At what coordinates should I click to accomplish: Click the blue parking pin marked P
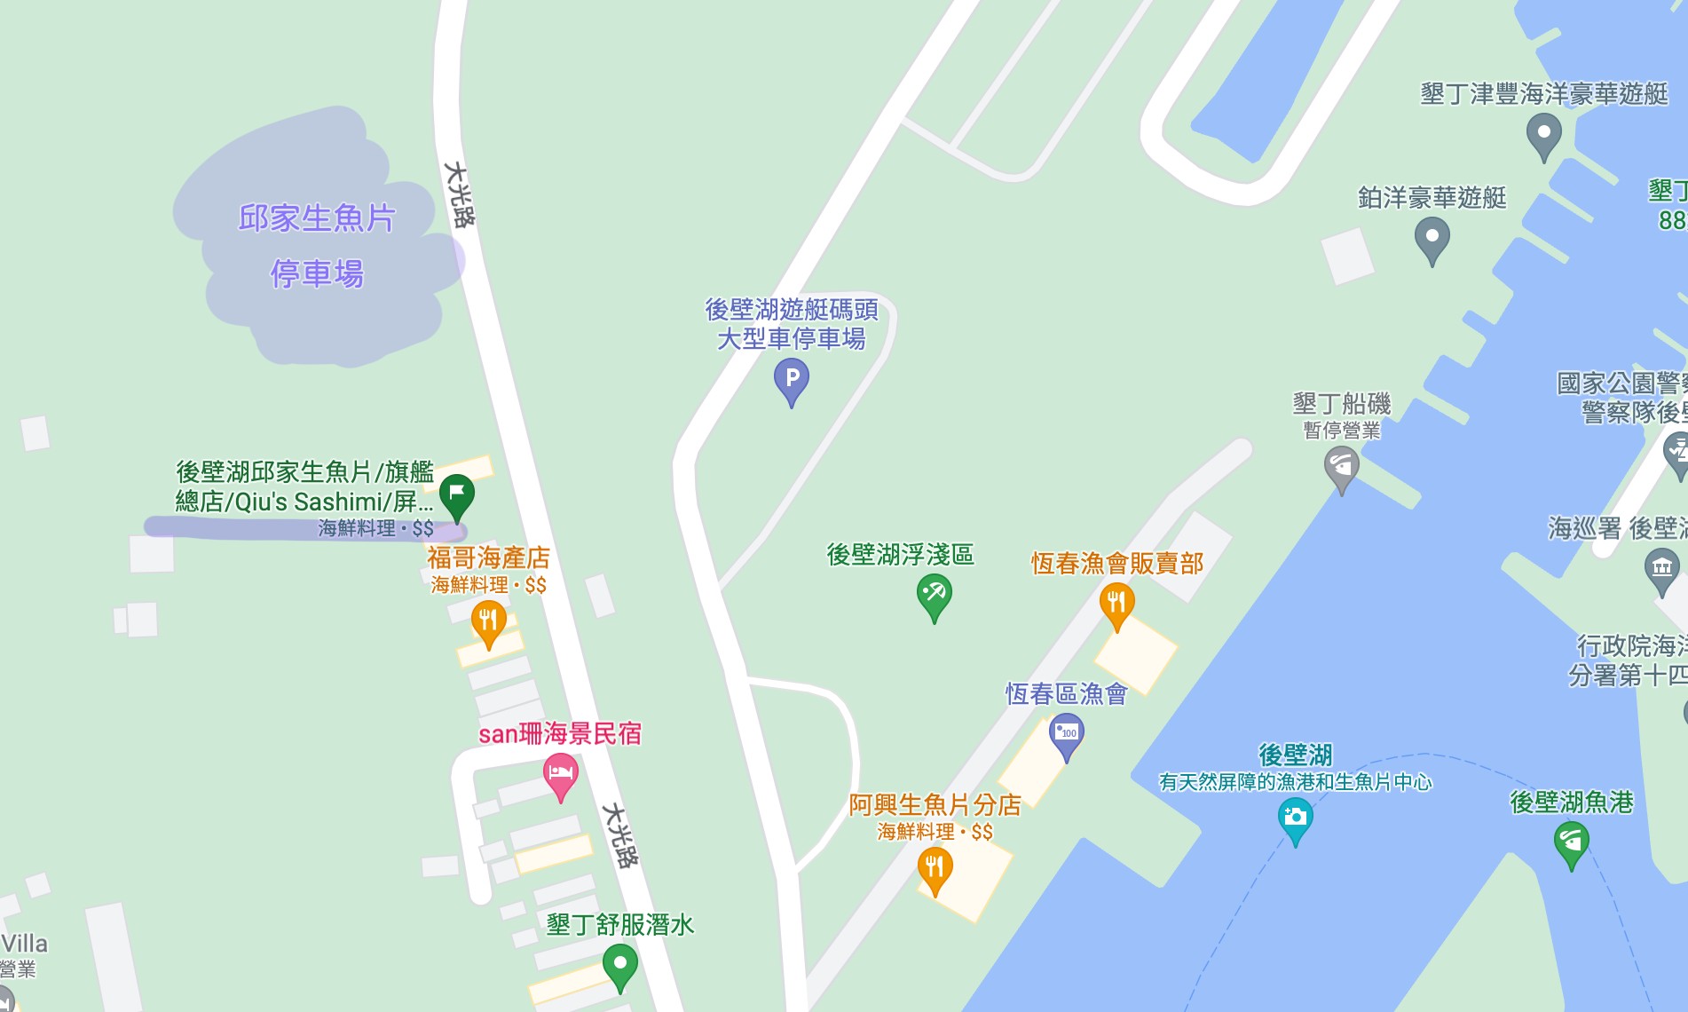[x=792, y=380]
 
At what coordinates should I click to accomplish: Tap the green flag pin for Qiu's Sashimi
[x=457, y=495]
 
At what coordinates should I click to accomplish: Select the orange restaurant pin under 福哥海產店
[x=488, y=621]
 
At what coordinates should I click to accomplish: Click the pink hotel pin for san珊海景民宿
[x=560, y=774]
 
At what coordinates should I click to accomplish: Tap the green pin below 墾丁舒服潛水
[x=620, y=965]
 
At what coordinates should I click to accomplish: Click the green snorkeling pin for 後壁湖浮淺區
[x=934, y=595]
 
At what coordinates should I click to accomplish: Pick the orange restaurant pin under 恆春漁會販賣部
[x=1116, y=604]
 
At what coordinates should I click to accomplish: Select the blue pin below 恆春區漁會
[x=1067, y=736]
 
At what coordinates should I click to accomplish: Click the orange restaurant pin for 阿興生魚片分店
[x=935, y=868]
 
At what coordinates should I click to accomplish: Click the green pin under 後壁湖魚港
[x=1572, y=842]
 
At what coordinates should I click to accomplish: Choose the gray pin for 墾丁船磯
[x=1342, y=467]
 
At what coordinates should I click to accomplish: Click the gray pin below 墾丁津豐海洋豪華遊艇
[x=1543, y=136]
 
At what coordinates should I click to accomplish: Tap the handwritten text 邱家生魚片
[x=317, y=218]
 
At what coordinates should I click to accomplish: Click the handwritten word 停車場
[x=317, y=273]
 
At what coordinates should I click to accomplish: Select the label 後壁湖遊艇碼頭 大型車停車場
[x=792, y=324]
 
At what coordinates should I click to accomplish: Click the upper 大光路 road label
[x=460, y=194]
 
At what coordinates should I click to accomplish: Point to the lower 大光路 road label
[x=620, y=835]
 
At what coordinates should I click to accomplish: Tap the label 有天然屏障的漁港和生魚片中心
[x=1295, y=782]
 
